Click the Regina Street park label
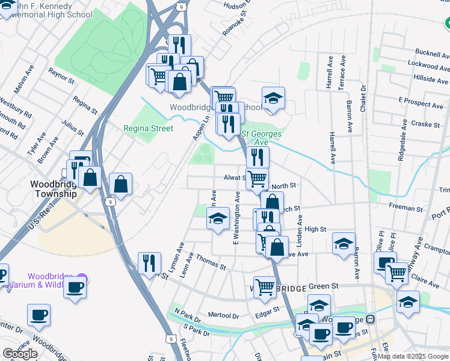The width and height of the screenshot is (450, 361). coord(148,128)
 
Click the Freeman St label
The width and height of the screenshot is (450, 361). coord(405,208)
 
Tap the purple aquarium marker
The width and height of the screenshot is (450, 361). coord(82,279)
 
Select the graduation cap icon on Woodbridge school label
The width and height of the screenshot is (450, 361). coord(273,98)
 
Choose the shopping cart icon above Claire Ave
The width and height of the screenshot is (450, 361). coord(396,272)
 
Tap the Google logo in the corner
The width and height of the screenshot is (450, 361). coord(20,354)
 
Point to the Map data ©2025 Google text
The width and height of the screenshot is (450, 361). coord(413,356)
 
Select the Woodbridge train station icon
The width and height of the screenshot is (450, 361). coord(371,318)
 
